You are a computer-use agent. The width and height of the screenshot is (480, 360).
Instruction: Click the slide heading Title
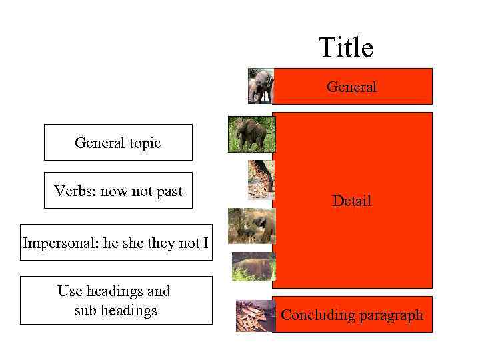(x=345, y=48)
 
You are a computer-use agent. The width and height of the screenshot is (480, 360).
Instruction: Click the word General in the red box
(x=351, y=87)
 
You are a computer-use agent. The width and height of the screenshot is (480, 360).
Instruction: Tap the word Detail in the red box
(x=351, y=201)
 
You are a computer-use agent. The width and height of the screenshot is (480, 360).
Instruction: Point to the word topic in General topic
(x=143, y=143)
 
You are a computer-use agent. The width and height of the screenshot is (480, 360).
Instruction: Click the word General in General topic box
(x=98, y=143)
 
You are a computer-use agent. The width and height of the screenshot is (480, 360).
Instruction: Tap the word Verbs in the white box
(x=75, y=191)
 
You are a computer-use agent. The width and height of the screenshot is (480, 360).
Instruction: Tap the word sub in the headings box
(x=85, y=310)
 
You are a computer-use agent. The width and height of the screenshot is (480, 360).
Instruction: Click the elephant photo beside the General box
(x=260, y=85)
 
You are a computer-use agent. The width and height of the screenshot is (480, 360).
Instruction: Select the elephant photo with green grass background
(x=251, y=133)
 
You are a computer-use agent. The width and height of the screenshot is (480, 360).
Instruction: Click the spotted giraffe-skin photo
(x=261, y=179)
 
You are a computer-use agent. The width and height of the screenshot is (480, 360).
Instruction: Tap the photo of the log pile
(x=255, y=315)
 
